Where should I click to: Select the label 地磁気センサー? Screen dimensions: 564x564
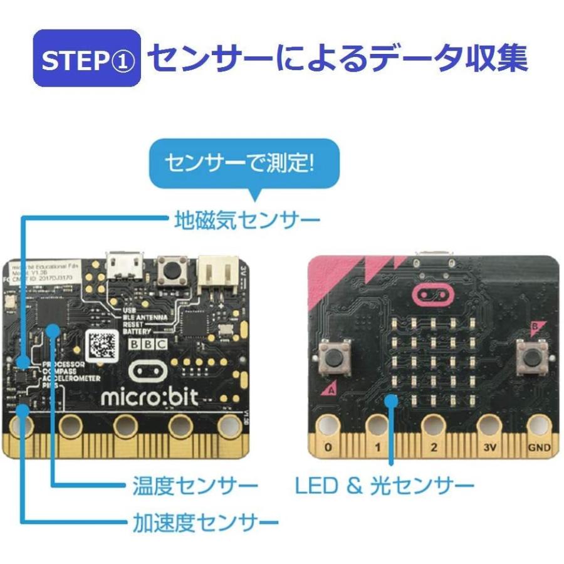click(x=246, y=219)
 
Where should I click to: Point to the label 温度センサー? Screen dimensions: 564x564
click(x=195, y=486)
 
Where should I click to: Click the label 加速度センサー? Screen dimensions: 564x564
click(x=205, y=522)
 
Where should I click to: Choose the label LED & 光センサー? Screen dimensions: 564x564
click(x=384, y=486)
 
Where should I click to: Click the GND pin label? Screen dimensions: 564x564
click(x=540, y=447)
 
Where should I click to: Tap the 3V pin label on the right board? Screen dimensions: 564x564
click(x=489, y=447)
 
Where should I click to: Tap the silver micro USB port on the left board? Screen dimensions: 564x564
click(x=123, y=266)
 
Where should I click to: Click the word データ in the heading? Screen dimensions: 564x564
click(x=399, y=58)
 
